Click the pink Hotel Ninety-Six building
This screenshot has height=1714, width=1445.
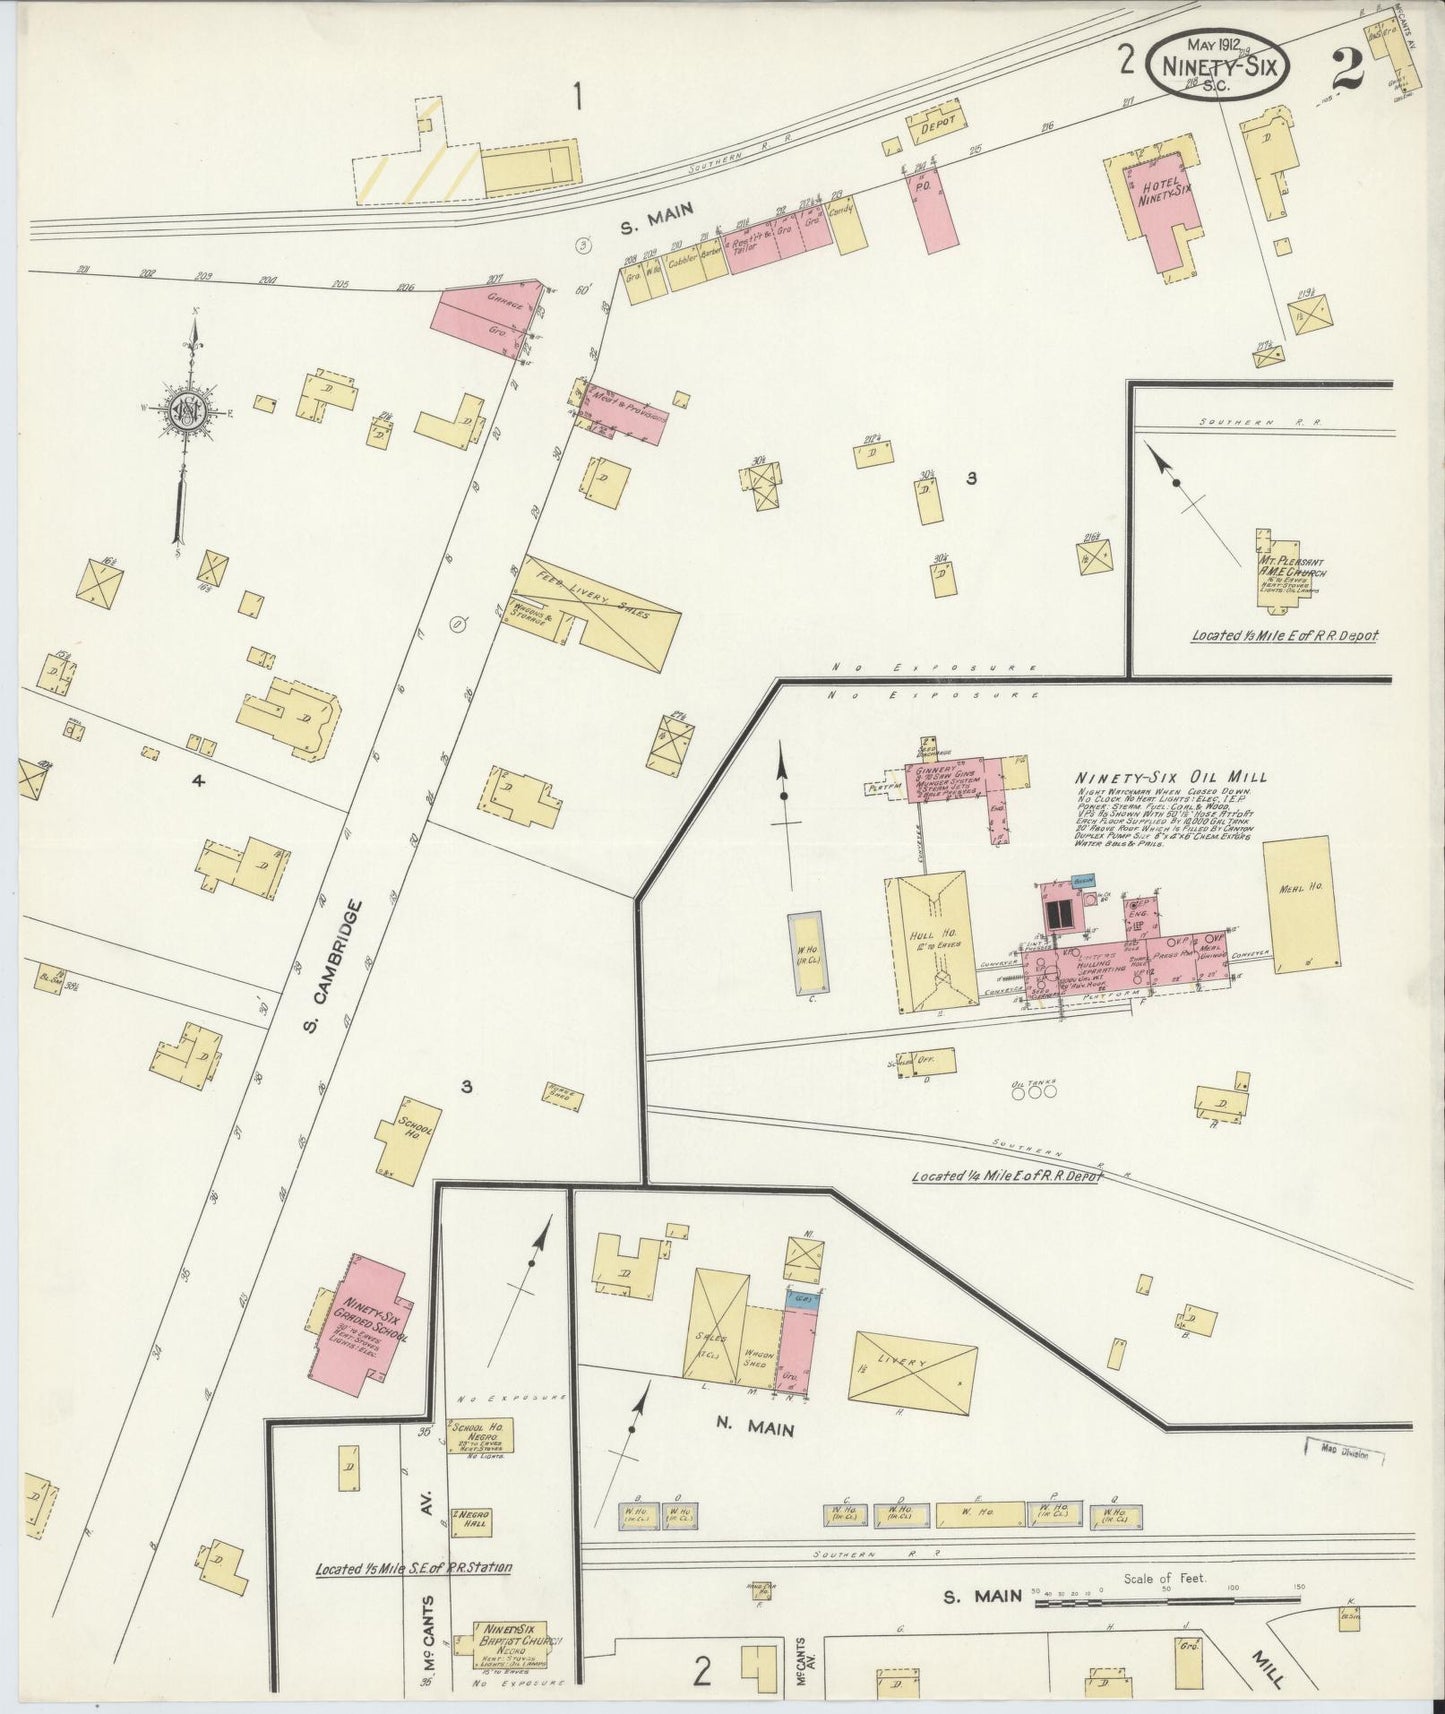1160,200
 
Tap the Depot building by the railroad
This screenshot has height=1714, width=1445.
933,121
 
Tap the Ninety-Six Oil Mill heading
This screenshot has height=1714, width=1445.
1170,777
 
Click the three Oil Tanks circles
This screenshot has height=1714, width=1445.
1034,1093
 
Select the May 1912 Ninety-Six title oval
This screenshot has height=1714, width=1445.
1218,64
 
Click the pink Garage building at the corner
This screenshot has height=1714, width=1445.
490,318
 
